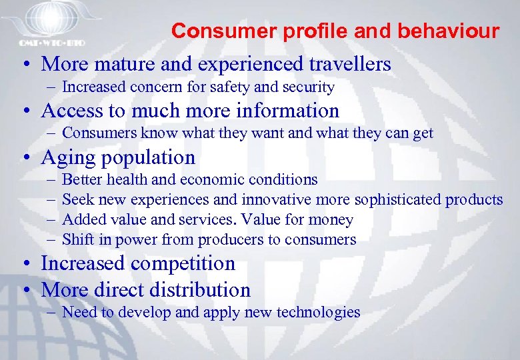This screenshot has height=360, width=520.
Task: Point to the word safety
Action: point(261,87)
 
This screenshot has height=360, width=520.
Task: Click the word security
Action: point(311,87)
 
